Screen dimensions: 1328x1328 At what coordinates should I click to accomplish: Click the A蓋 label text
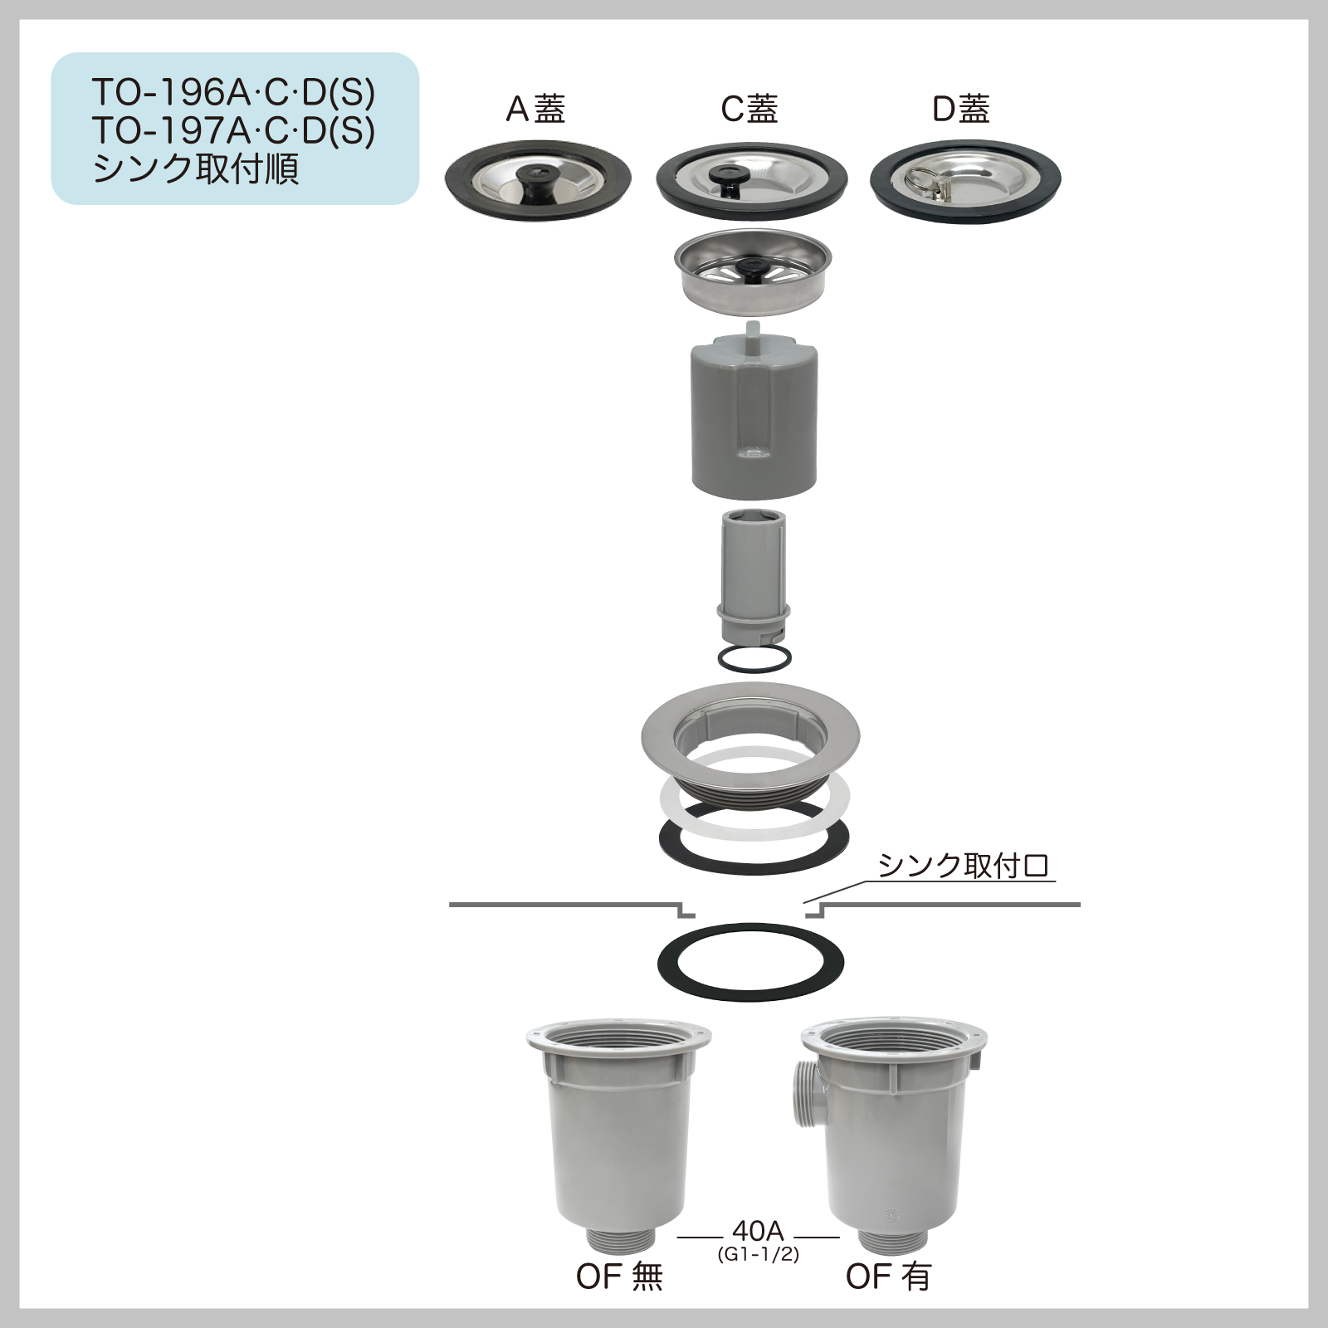coord(535,109)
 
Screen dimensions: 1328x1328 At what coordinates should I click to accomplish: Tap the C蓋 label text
coord(749,109)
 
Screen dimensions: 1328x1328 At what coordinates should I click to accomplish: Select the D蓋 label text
coord(961,109)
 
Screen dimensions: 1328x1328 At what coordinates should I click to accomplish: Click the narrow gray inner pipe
coord(753,573)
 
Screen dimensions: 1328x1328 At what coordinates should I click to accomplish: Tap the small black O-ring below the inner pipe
coord(754,658)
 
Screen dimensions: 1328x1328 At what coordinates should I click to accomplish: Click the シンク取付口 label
coord(963,867)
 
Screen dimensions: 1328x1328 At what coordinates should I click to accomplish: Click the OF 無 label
coord(619,1277)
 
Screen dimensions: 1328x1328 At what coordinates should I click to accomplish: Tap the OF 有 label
coord(888,1277)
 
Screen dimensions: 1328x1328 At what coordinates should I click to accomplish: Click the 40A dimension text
coord(758,1230)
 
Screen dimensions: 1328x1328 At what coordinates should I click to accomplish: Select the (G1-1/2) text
coord(758,1254)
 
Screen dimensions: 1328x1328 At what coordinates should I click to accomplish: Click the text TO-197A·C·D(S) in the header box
coord(233,130)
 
